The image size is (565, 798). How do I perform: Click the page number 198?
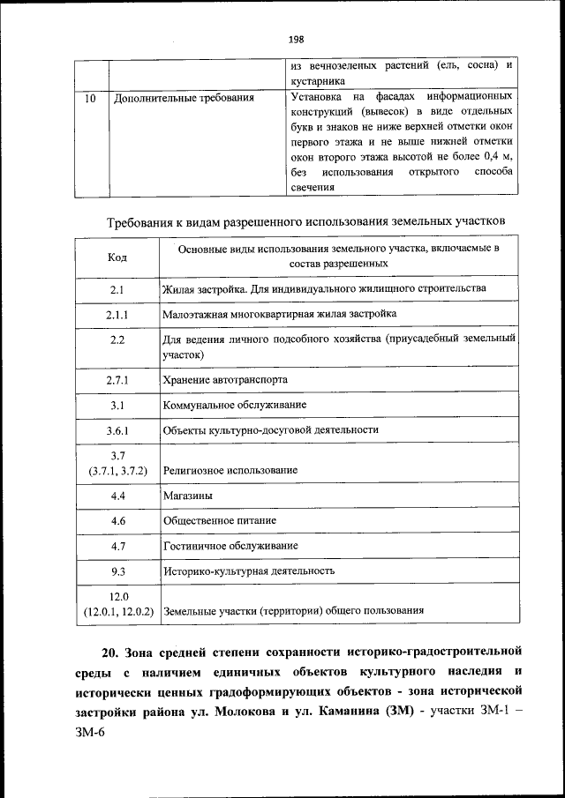coord(295,39)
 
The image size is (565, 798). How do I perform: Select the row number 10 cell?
coord(91,98)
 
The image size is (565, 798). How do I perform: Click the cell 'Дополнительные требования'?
coord(185,98)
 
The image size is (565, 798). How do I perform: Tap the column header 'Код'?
coord(117,257)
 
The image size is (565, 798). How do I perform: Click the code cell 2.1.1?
coord(117,314)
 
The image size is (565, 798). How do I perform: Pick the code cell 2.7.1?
coord(117,380)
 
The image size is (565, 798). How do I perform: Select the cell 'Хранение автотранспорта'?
coord(225,380)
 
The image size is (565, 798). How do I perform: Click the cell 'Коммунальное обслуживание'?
coord(235,405)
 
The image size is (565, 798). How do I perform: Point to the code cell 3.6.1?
coord(117,430)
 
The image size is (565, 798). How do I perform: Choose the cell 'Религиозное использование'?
coord(230,471)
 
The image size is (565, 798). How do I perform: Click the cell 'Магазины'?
coord(187,496)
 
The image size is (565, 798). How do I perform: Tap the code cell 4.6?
coord(117,521)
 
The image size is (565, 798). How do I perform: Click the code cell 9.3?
coord(117,571)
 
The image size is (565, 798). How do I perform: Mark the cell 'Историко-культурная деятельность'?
coord(249,571)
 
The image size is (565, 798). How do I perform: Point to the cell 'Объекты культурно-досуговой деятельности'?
coord(271,430)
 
